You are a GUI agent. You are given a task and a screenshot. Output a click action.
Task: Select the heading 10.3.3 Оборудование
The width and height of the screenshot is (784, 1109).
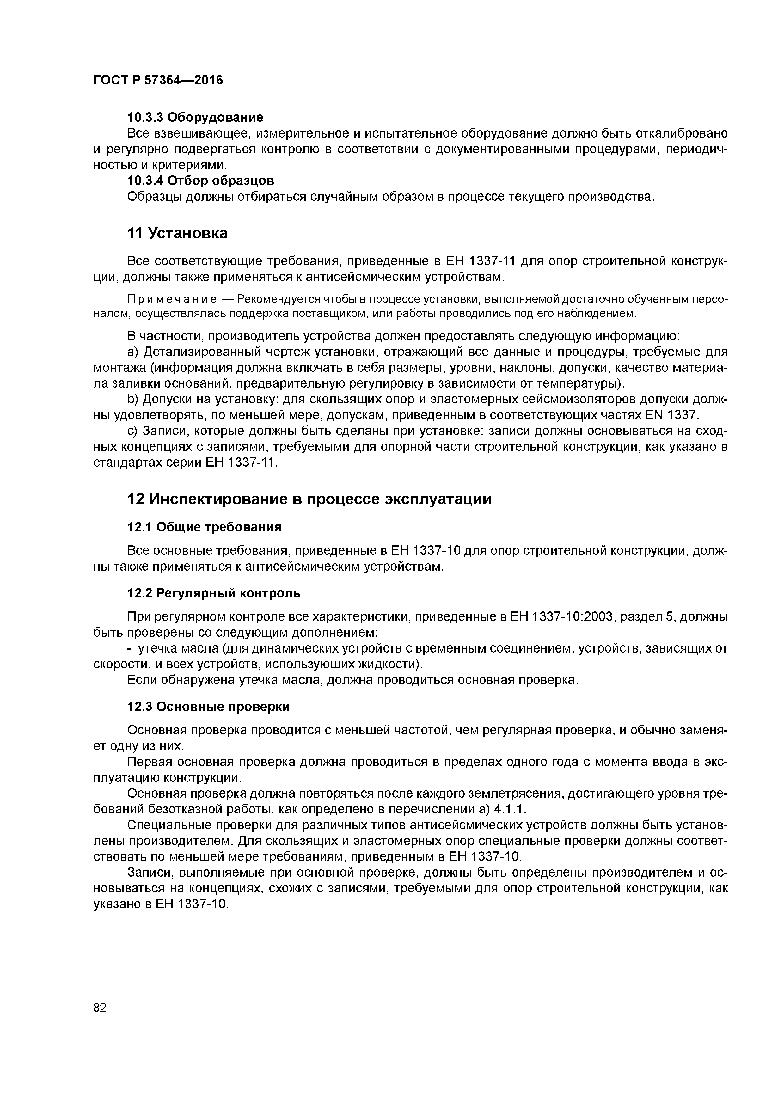(195, 117)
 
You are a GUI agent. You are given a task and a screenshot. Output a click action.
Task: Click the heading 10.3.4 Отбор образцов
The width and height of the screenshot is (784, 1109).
(200, 181)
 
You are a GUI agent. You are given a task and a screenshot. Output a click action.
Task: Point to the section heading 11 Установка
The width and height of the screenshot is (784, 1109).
(177, 234)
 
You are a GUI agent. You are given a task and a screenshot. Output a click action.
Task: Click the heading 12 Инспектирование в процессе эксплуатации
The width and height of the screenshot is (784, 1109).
(309, 499)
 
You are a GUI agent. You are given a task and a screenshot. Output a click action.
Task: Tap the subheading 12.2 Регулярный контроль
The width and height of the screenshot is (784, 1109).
(213, 593)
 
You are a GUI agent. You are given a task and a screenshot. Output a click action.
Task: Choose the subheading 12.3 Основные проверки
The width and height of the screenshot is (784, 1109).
(208, 707)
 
